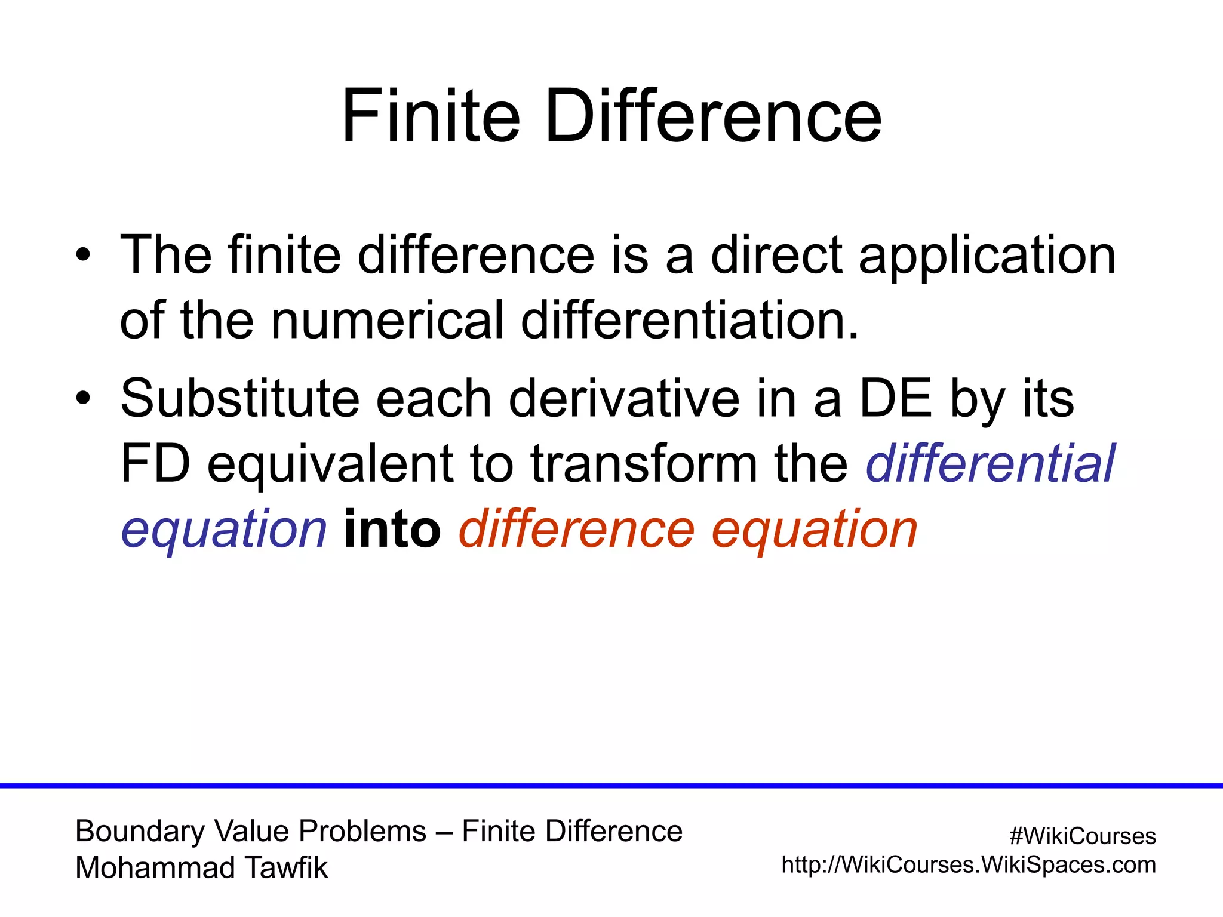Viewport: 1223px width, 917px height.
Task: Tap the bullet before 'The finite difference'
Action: tap(84, 255)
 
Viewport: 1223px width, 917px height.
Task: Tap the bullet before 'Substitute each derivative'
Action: tap(84, 398)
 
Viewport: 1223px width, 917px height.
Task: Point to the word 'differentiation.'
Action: tap(690, 321)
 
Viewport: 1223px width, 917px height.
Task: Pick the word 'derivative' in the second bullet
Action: tap(624, 398)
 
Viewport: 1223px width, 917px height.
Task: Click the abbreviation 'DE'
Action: tap(895, 398)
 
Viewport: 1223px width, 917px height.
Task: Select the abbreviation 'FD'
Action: tap(155, 464)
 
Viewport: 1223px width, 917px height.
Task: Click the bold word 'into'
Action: tap(392, 530)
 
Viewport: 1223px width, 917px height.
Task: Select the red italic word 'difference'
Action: tap(577, 530)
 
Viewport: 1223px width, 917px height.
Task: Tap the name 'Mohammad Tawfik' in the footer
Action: tap(202, 867)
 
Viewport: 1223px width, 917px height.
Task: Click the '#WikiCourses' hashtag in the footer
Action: tap(1082, 836)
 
